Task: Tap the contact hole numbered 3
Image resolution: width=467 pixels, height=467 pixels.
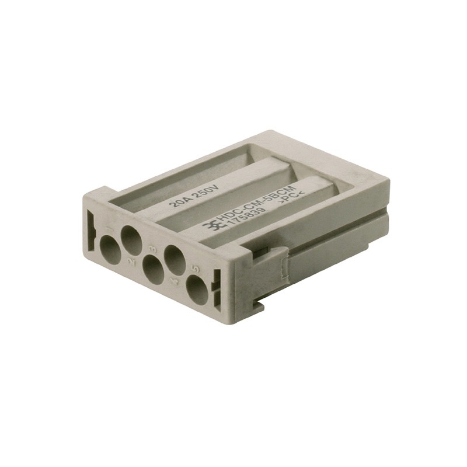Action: coord(154,270)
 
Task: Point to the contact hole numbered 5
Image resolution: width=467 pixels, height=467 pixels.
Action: coord(197,290)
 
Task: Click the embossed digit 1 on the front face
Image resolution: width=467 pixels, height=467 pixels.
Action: coord(111,229)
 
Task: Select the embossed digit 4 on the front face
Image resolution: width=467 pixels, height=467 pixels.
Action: coord(175,282)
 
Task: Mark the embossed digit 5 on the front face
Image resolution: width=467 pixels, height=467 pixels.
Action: coord(196,269)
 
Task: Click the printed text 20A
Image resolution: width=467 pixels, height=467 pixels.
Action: coord(179,201)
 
